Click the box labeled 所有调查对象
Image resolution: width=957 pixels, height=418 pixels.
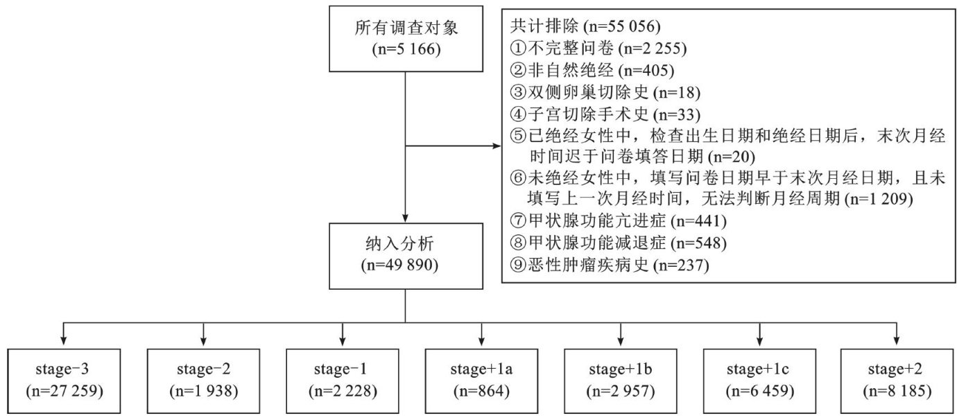(x=406, y=39)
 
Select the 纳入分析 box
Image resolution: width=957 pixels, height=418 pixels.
(x=406, y=255)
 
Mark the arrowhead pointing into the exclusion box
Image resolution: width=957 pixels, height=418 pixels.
(x=497, y=146)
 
